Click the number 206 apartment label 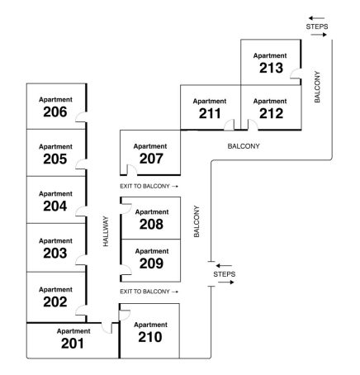tap(55, 112)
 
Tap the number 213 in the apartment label tap(271, 68)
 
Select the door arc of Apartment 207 tap(131, 169)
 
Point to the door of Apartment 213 tap(296, 74)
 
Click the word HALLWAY tap(106, 231)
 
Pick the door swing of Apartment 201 tap(107, 328)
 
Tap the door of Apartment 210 tap(125, 315)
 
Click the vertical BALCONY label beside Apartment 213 tap(317, 87)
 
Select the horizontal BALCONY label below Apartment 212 tap(244, 146)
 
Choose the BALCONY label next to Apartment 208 tap(197, 221)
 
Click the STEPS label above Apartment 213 tap(317, 26)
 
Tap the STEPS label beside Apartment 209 tap(225, 274)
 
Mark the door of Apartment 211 tap(229, 125)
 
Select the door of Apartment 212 tap(253, 125)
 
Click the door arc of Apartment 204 tap(81, 211)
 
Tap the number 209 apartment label tap(151, 263)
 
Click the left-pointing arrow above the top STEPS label tap(316, 18)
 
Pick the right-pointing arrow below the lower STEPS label tap(226, 282)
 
